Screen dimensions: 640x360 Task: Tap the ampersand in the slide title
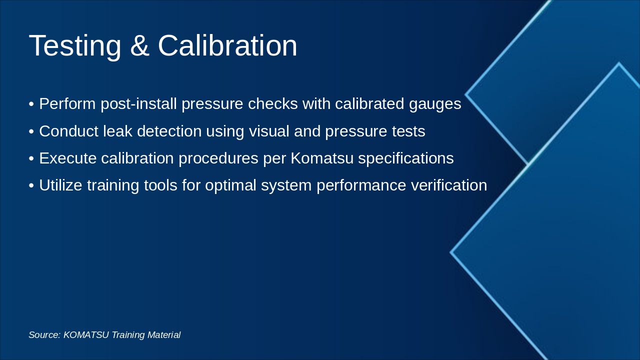[x=139, y=45]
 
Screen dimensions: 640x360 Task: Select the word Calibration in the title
[x=227, y=45]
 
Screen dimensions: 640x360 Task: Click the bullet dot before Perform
[x=31, y=104]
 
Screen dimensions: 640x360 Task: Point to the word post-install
[x=138, y=104]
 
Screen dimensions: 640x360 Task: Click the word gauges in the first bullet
[x=435, y=104]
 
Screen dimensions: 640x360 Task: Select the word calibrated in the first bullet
[x=369, y=103]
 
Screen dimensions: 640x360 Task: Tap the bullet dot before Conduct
[x=31, y=131]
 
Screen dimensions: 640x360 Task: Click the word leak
[x=117, y=131]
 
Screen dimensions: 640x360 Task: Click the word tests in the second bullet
[x=408, y=131]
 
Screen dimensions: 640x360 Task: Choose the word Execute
[x=68, y=158]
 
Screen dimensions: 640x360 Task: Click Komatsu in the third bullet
[x=322, y=158]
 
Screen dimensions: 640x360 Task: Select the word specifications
[x=405, y=159]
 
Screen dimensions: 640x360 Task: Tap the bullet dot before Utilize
[x=31, y=185]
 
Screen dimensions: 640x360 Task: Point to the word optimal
[x=230, y=186]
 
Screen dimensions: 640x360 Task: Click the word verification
[x=449, y=185]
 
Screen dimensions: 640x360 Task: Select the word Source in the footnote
[x=44, y=335]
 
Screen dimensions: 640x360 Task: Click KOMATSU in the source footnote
[x=86, y=335]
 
